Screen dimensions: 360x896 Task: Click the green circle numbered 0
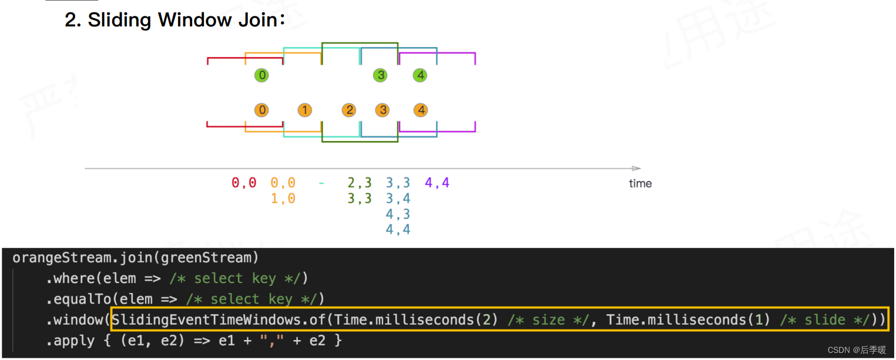[262, 75]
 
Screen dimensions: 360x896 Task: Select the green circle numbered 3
[381, 75]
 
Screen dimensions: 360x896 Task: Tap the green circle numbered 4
[420, 75]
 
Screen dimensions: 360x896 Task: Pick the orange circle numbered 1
[304, 110]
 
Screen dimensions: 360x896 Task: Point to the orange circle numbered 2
[350, 110]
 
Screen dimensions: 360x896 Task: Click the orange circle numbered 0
[262, 110]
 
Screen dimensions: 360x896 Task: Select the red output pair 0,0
[244, 183]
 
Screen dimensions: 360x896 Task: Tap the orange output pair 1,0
[283, 199]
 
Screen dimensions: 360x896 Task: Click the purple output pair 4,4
[437, 183]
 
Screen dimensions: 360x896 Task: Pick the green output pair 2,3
[360, 183]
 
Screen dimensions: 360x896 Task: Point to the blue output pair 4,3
[398, 214]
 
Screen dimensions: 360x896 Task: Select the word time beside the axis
[640, 183]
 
